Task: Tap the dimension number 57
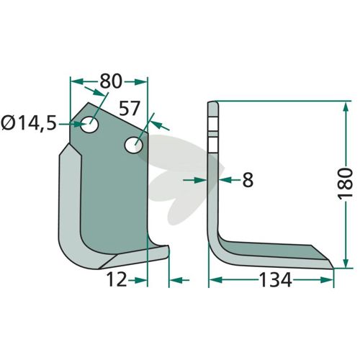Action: tap(130, 109)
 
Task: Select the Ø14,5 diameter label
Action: tap(29, 124)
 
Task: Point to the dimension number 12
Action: tap(117, 279)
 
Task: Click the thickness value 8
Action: tap(248, 180)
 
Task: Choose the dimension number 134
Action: tap(275, 280)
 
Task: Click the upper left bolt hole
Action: tap(89, 125)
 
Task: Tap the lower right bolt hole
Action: tap(134, 145)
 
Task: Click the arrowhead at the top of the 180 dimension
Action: tap(346, 108)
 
